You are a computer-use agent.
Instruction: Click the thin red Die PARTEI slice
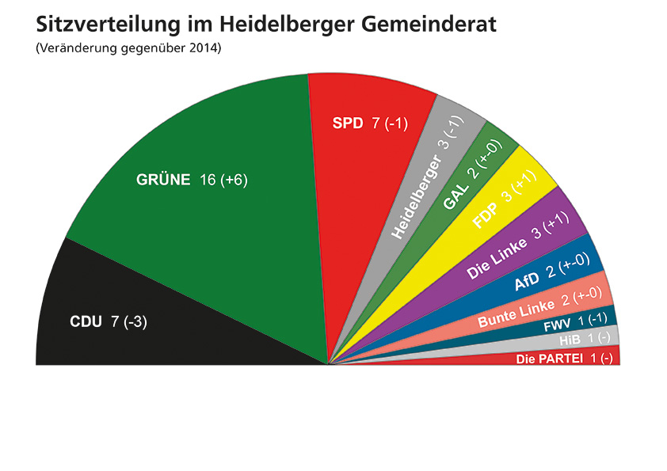click(x=562, y=359)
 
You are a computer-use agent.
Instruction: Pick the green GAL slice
click(x=467, y=190)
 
